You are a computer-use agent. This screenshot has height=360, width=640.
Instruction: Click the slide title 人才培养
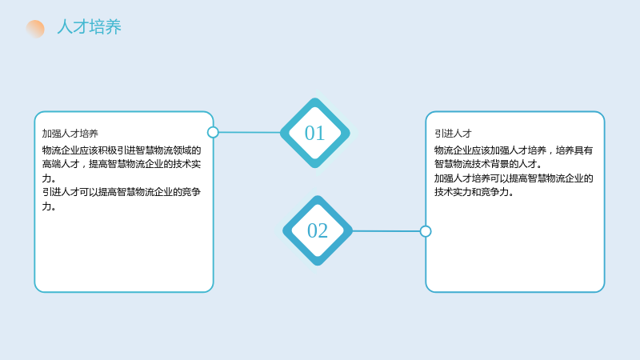coord(89,27)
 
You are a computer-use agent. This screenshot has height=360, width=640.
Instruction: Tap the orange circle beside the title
coord(35,29)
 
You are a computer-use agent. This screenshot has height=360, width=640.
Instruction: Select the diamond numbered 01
coord(315,133)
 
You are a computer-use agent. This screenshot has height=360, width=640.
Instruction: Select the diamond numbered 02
coord(318,230)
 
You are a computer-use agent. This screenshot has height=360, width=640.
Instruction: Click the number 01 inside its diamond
coord(314,134)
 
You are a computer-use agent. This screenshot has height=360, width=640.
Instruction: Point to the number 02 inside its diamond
coord(318,231)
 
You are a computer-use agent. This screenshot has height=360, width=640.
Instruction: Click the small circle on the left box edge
coord(213,132)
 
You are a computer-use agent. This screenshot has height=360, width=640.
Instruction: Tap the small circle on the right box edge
coord(426,231)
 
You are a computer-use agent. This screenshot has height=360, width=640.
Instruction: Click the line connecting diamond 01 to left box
coord(250,132)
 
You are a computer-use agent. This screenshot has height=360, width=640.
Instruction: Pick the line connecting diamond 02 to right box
coord(386,231)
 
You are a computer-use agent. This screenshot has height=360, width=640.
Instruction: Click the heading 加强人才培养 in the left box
coord(70,134)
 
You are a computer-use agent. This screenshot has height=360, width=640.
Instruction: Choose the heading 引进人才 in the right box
coord(453,134)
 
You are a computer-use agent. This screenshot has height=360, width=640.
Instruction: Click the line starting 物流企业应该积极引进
coord(122,150)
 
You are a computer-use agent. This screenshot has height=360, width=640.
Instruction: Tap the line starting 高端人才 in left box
coord(122,164)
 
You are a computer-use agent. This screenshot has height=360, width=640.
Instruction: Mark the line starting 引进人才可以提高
coord(122,192)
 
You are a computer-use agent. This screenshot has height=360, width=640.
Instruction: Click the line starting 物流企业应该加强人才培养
coord(514,150)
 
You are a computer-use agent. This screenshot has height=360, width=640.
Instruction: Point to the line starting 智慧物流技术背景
coord(488,164)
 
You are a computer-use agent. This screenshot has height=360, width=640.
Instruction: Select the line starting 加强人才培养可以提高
coord(514,178)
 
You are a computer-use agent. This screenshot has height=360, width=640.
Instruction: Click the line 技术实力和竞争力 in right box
coord(474,192)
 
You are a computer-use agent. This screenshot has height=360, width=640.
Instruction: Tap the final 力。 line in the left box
coord(49,206)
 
